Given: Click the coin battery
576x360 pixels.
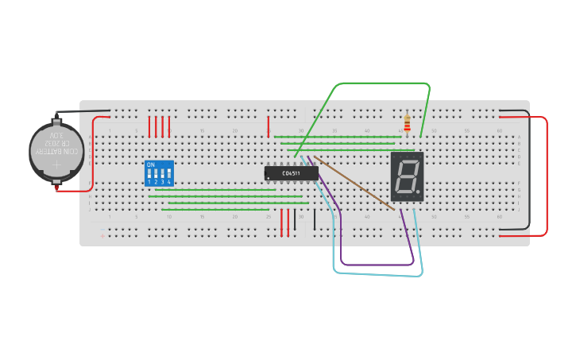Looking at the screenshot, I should (x=56, y=150).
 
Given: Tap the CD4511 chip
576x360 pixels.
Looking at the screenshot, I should (x=291, y=172).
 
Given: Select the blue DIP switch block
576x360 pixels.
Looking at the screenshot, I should (x=159, y=173).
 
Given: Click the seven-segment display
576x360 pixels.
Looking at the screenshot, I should (x=406, y=176).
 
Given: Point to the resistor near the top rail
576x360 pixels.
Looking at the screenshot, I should (x=408, y=124).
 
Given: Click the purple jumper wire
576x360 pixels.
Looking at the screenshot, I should (x=373, y=264).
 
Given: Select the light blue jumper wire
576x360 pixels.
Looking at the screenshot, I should (x=373, y=275).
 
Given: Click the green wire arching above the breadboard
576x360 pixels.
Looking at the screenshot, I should (x=381, y=83).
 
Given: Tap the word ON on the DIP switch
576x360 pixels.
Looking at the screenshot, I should (x=150, y=165).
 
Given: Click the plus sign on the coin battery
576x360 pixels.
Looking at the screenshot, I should (x=56, y=166).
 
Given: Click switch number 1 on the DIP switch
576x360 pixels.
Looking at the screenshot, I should (x=149, y=175).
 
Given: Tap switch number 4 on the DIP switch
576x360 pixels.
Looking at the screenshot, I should (x=168, y=175).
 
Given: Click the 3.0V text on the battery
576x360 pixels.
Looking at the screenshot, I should (x=56, y=137).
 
